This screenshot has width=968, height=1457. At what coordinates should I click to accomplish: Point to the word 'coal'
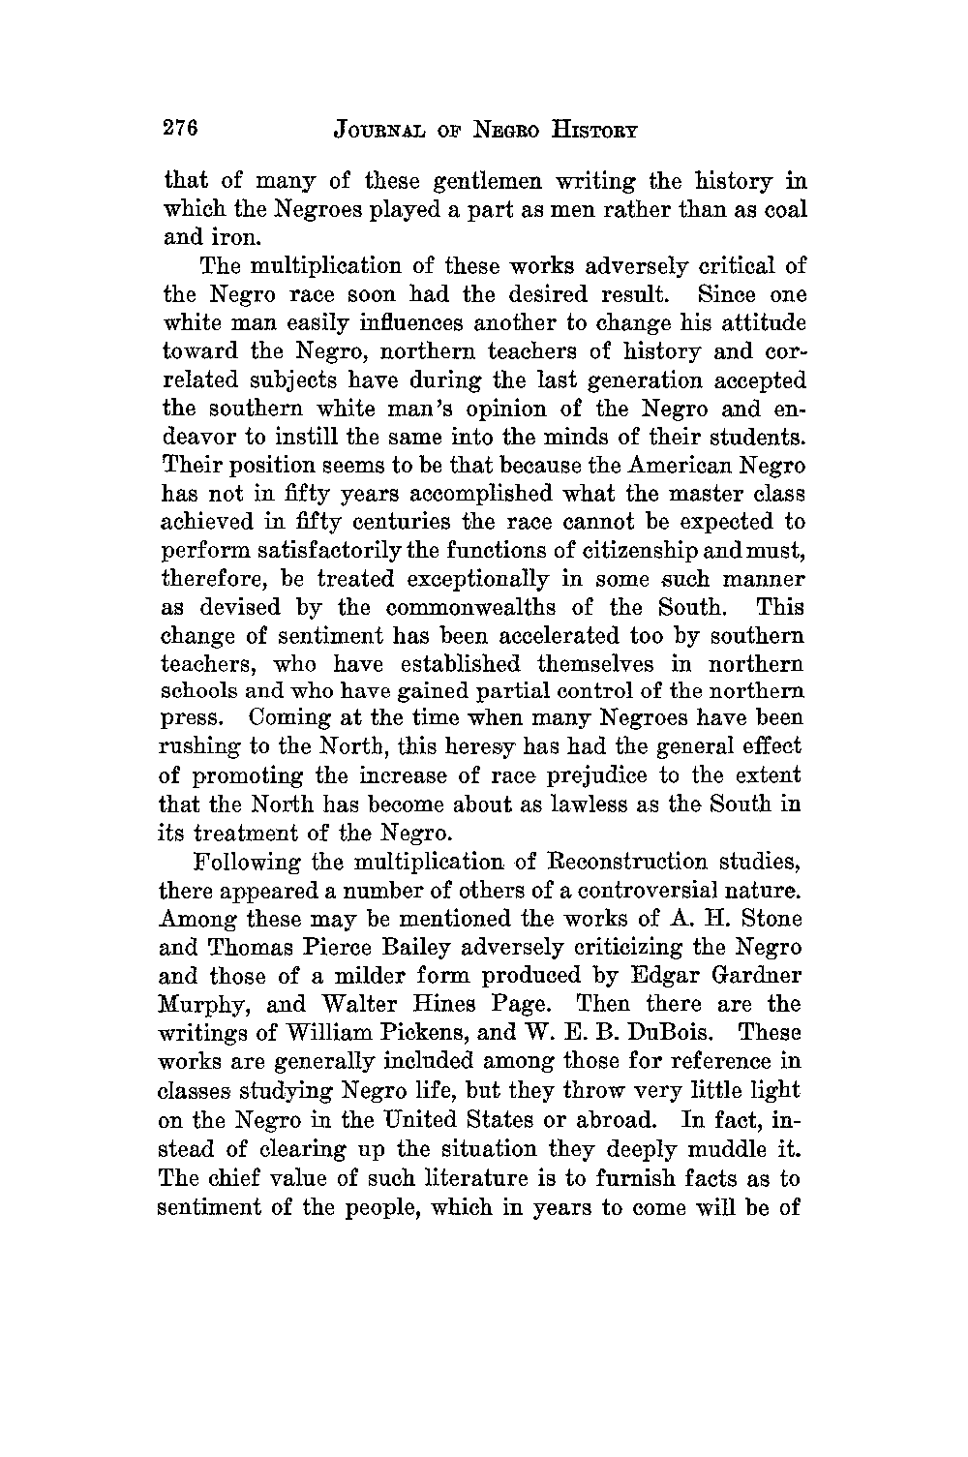(x=782, y=210)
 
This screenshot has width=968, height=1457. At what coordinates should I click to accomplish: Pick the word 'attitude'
(x=757, y=322)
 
